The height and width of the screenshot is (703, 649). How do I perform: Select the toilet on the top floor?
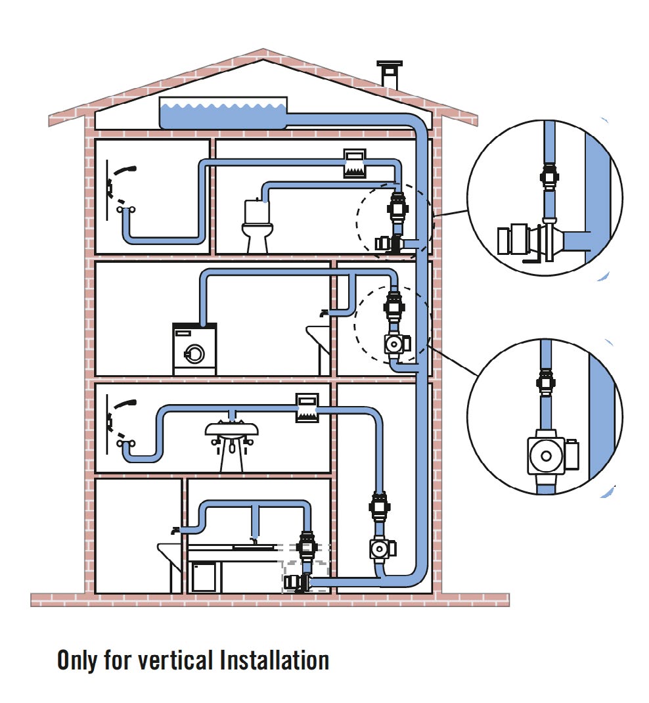[x=257, y=225]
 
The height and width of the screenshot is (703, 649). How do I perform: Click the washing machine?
[x=194, y=350]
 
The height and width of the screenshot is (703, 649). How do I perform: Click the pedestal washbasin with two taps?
[x=231, y=441]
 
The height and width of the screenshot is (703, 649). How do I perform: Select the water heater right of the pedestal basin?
[x=306, y=407]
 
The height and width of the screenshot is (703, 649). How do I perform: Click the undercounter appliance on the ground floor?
[x=204, y=576]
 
